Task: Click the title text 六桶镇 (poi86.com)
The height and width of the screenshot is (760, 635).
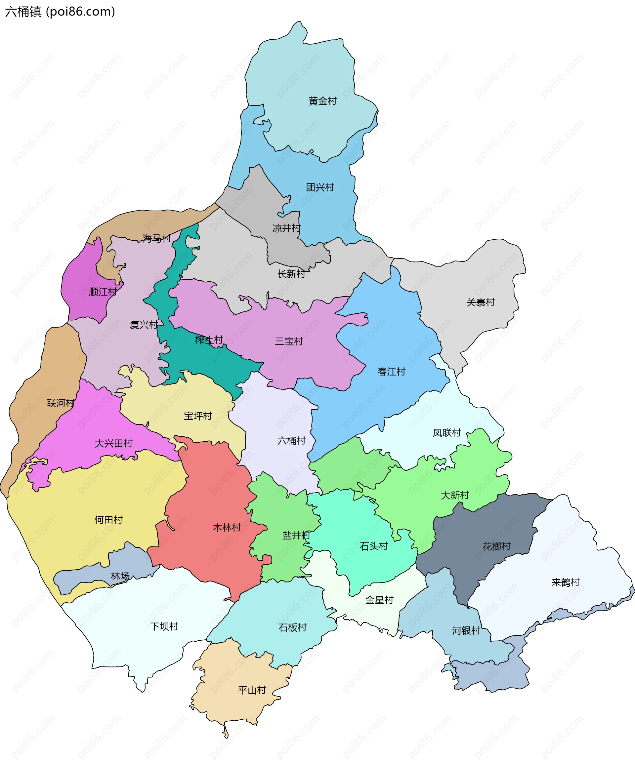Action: click(60, 12)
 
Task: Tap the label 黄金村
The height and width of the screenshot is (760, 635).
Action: click(322, 101)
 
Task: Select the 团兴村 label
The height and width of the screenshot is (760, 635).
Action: click(320, 187)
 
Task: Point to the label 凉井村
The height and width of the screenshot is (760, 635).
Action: click(286, 228)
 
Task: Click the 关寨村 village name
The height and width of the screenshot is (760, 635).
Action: click(481, 302)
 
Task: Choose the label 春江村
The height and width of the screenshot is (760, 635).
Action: click(391, 372)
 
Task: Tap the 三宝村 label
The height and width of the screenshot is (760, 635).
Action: click(289, 341)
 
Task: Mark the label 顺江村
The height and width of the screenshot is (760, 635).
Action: click(103, 292)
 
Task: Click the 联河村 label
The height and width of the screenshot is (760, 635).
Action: click(61, 403)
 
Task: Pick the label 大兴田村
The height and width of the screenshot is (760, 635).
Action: click(113, 443)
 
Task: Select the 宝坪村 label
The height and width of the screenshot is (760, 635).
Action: click(198, 416)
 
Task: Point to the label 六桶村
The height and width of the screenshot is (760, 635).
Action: click(291, 440)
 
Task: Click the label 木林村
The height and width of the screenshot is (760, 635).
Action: click(227, 527)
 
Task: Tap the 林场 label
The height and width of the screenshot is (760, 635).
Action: click(120, 576)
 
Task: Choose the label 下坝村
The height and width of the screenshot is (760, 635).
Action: click(164, 626)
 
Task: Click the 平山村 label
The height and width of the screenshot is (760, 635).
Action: click(252, 690)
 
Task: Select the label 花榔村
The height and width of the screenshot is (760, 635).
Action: click(496, 546)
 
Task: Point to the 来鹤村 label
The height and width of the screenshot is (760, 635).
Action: click(566, 582)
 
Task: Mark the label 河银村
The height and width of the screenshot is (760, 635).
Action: click(466, 631)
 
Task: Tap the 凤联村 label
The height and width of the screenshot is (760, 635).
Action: click(447, 433)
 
